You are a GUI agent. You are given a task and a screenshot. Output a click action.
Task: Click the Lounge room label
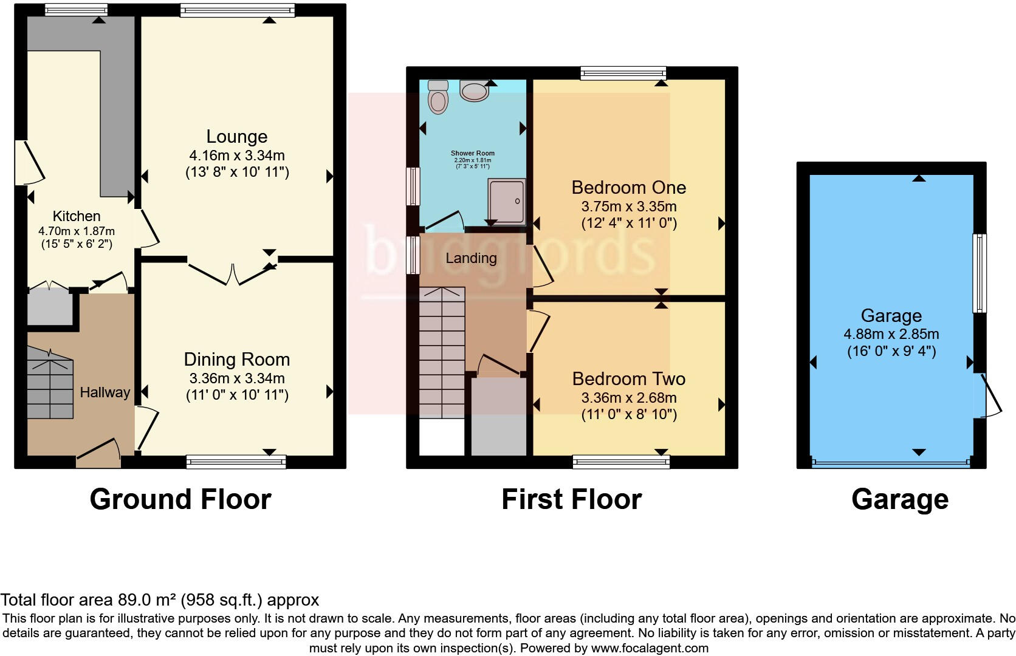pos(236,137)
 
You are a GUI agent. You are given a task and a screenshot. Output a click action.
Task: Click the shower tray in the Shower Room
pos(506,201)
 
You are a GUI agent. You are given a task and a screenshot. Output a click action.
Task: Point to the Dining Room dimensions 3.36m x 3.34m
pos(237,378)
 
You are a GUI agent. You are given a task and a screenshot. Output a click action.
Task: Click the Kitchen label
pos(77,216)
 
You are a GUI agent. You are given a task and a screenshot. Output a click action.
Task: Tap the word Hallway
pos(105,392)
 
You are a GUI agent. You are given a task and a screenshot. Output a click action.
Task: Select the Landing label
pos(471,258)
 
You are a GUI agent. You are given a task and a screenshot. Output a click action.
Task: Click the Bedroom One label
pos(629,187)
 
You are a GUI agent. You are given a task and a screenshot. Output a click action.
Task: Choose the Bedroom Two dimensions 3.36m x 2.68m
pos(629,398)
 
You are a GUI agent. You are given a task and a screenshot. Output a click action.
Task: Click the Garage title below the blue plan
pos(899,499)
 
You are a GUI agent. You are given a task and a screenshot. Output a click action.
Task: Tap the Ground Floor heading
pos(180,499)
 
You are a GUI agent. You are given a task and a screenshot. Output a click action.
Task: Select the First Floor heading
pos(571,499)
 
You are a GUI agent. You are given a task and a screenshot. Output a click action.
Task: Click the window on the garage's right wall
pos(979,273)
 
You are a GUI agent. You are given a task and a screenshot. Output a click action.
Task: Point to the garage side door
pos(989,395)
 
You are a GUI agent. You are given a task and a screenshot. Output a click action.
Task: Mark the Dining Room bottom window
pos(236,462)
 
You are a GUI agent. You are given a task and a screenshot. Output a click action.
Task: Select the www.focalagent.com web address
pos(650,648)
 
